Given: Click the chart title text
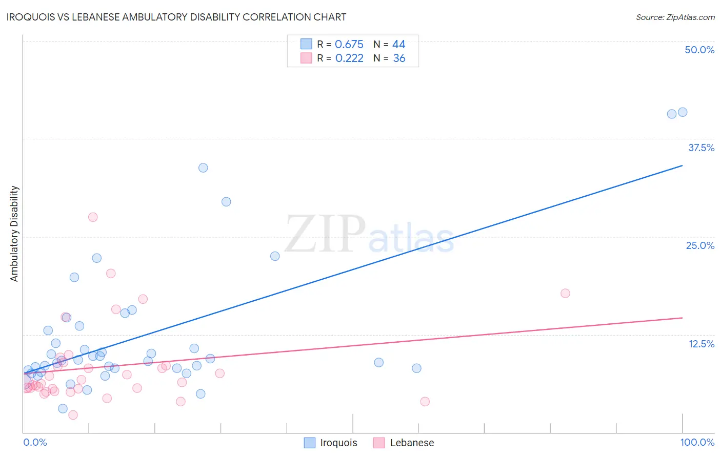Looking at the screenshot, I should point(176,17).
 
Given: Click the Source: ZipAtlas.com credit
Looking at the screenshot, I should point(675,17).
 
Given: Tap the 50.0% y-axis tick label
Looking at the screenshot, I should point(699,50).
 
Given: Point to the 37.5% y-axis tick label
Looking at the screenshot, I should point(701,148).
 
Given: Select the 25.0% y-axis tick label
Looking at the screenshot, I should point(700,245).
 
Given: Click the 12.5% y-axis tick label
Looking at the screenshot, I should point(701,344).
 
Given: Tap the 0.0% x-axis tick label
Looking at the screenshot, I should point(35,442).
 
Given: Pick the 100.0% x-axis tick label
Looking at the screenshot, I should point(697,442).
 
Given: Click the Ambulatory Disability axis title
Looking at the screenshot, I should point(14,234).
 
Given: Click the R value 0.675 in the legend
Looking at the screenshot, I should point(349,45).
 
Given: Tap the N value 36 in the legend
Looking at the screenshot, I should point(399,58).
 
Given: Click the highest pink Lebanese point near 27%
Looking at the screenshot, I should point(93,217).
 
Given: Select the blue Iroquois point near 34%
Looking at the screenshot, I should point(203,168).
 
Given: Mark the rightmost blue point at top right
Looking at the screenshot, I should point(683,112).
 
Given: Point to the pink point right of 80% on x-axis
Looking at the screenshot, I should point(565,293).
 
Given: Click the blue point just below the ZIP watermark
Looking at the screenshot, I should point(275,256).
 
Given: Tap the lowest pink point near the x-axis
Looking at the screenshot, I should point(73,415).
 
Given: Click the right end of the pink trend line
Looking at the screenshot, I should point(683,318).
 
